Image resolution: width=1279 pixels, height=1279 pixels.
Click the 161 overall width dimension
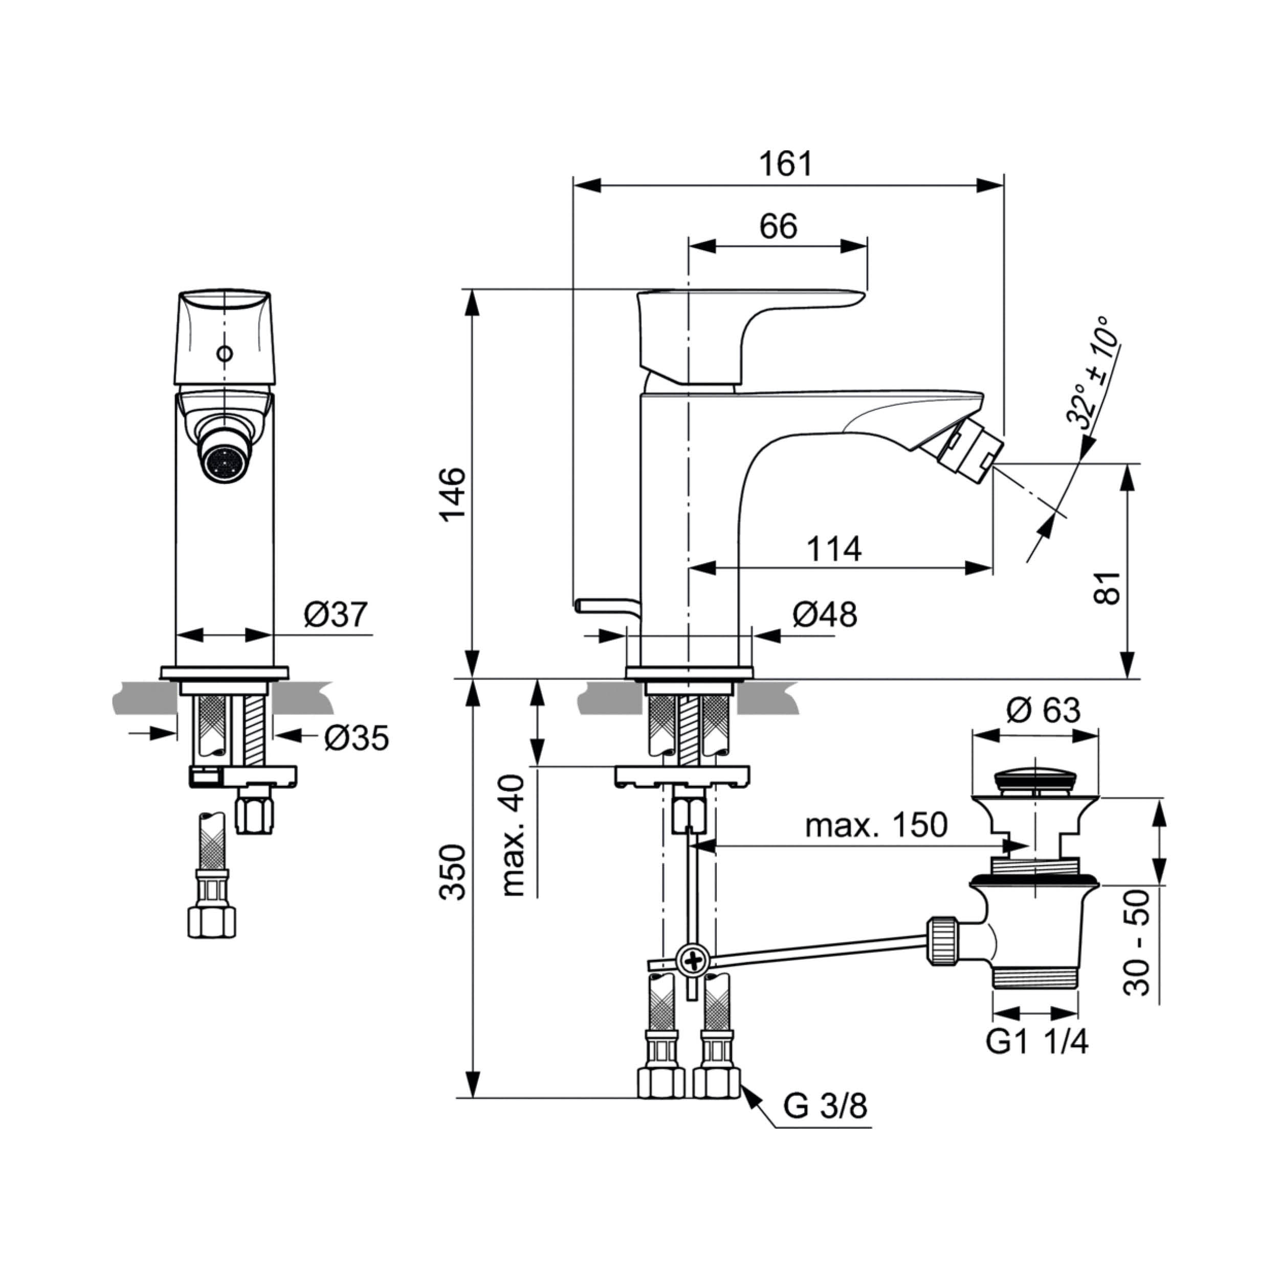pyautogui.click(x=785, y=164)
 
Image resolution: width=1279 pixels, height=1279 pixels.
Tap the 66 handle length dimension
pyautogui.click(x=779, y=227)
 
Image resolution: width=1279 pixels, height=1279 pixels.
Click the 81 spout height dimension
pyautogui.click(x=1107, y=587)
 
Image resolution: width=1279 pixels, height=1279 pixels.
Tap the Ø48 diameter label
pyautogui.click(x=825, y=615)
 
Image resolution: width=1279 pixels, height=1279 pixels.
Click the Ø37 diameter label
pyautogui.click(x=336, y=615)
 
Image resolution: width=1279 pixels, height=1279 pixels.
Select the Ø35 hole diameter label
pyautogui.click(x=357, y=738)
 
